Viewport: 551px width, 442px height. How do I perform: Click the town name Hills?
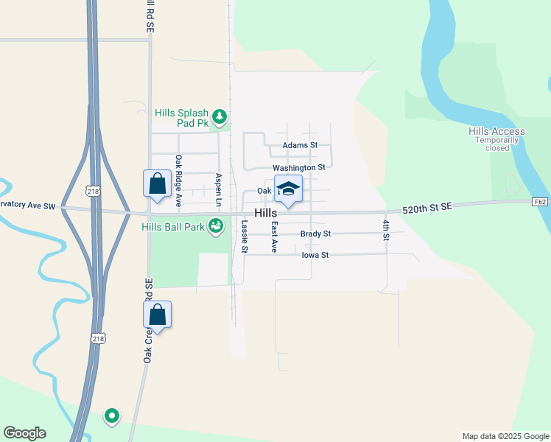pos(265,213)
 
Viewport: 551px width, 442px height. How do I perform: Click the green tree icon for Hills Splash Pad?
pos(219,116)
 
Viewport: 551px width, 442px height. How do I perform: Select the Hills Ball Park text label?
pos(173,227)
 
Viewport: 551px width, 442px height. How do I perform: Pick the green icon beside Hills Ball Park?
pos(216,226)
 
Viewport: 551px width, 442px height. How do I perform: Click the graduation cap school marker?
pos(288,189)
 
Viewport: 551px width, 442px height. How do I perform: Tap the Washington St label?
pos(298,167)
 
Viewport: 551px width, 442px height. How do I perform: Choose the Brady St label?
pos(315,234)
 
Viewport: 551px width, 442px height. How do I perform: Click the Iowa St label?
pos(315,255)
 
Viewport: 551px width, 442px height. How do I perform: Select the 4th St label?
pos(385,230)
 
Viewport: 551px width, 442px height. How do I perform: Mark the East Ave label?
pos(274,237)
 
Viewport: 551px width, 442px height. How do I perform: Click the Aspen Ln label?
pos(218,189)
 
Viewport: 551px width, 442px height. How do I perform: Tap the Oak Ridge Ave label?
pos(178,180)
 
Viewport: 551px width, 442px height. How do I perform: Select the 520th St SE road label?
pos(427,209)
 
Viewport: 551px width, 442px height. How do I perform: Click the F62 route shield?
pos(541,201)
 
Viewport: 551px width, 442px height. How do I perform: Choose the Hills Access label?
pos(496,132)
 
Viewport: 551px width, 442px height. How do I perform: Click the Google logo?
pos(25,433)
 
